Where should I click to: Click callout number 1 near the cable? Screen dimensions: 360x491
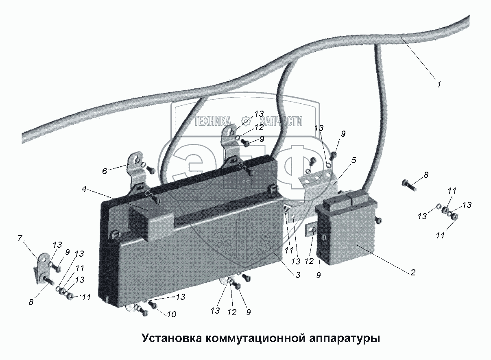pos(439,85)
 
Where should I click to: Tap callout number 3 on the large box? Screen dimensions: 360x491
pos(298,275)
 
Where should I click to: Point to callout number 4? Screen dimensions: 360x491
pos(83,188)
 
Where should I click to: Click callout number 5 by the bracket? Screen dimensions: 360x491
pos(354,160)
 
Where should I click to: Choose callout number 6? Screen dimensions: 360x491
pos(105,171)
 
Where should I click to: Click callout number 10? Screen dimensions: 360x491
pos(171,314)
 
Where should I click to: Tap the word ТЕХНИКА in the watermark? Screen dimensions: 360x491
pos(212,121)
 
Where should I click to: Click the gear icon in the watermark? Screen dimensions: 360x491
pos(245,120)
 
